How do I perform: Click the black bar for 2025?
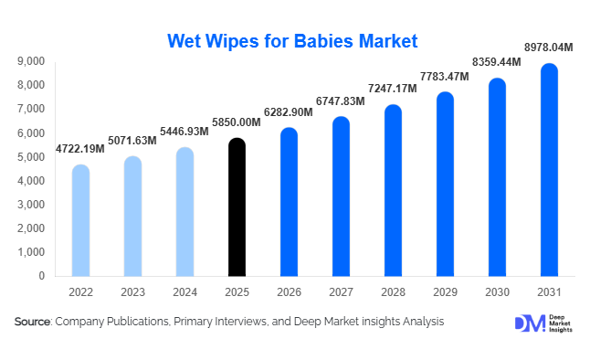[237, 207]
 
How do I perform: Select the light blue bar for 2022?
[80, 220]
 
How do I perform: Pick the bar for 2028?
[393, 191]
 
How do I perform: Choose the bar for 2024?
[184, 212]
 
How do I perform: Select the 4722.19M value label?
[80, 149]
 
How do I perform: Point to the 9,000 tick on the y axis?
[31, 61]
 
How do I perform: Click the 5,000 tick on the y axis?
[31, 157]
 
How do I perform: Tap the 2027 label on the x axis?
[341, 293]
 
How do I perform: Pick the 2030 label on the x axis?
[497, 293]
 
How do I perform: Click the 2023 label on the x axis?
[132, 293]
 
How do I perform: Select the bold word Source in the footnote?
[33, 322]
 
